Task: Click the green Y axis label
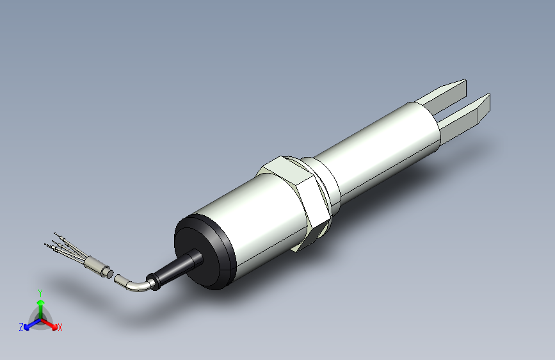pyautogui.click(x=40, y=291)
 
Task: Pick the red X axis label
pyautogui.click(x=60, y=328)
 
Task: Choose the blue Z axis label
pyautogui.click(x=21, y=327)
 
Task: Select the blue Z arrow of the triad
pyautogui.click(x=30, y=324)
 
